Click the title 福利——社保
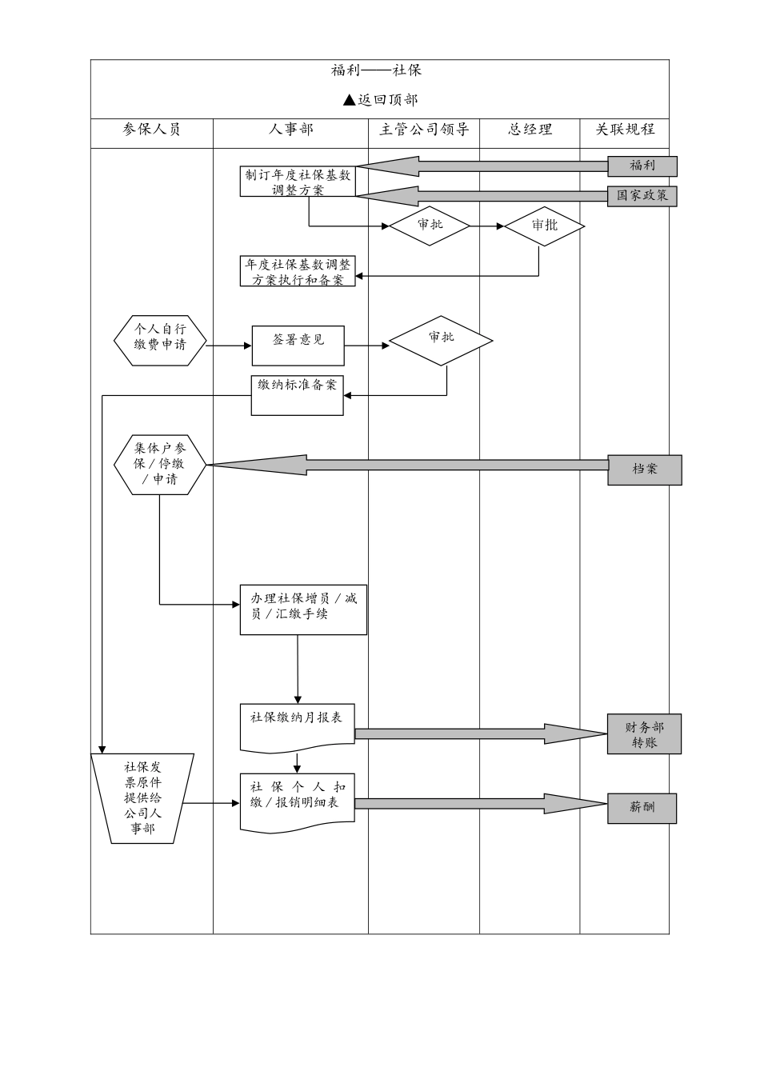[x=376, y=70]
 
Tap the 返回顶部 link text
[x=380, y=100]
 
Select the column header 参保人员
[x=151, y=130]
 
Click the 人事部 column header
[x=290, y=130]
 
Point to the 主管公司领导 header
[x=423, y=130]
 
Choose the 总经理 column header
[x=530, y=130]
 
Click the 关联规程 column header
[x=624, y=130]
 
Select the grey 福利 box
[x=642, y=166]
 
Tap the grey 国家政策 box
[x=642, y=195]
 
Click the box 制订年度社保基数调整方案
[x=298, y=182]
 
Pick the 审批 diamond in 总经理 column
[x=544, y=226]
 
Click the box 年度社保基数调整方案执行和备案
[x=298, y=271]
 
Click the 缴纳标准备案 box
[x=297, y=394]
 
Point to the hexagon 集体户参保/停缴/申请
[x=160, y=465]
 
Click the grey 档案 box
[x=644, y=470]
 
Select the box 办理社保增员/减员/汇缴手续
[x=303, y=609]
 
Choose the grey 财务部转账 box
[x=644, y=734]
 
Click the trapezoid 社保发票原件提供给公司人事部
[x=143, y=797]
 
